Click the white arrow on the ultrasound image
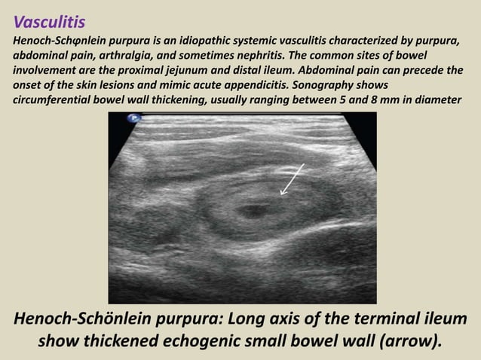[x=292, y=179]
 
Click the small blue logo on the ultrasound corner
[x=134, y=118]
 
